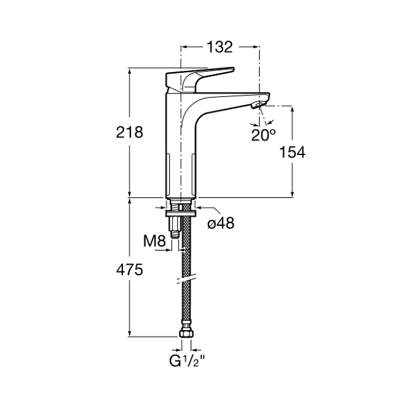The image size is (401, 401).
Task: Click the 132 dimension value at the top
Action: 220,47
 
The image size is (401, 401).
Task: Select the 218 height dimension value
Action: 130,132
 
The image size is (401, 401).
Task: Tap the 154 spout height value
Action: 292,152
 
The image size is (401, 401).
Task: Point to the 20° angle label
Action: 263,135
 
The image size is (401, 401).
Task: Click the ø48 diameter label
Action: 221,223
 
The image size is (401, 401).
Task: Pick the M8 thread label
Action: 154,241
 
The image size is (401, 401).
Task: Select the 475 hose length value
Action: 130,270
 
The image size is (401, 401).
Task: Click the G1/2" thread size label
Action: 187,361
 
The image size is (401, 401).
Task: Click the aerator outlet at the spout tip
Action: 258,105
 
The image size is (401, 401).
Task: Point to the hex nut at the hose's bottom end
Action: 186,333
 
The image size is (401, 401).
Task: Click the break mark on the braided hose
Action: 186,279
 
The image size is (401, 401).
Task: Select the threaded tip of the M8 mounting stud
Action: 175,235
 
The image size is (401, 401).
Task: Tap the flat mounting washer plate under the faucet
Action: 181,213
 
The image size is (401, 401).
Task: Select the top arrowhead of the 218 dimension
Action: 130,72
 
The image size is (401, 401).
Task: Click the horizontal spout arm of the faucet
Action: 230,101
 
